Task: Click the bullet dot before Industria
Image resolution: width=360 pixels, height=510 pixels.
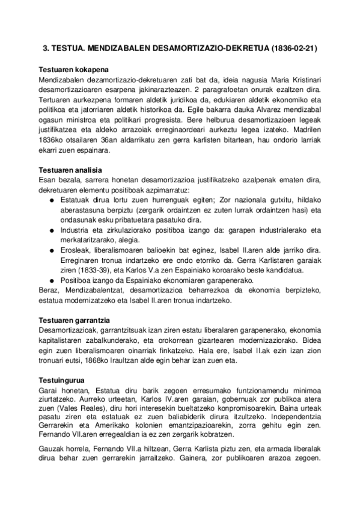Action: (52, 230)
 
